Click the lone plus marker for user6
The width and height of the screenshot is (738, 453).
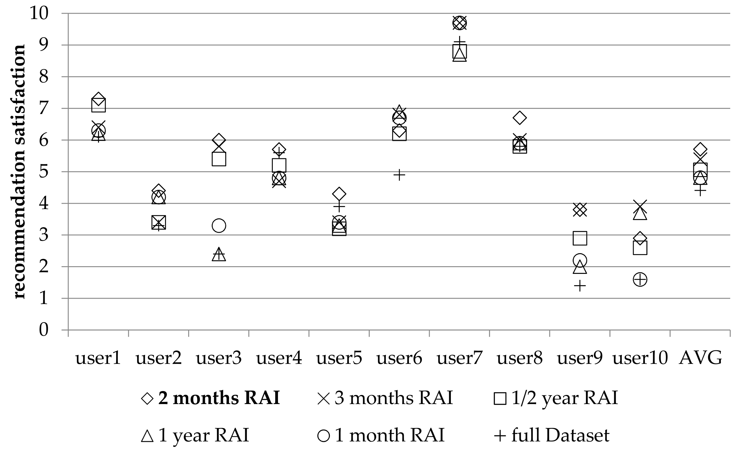coord(399,175)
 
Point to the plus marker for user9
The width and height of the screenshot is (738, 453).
coord(580,286)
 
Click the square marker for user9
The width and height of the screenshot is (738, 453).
coord(580,238)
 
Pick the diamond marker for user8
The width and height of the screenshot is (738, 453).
coord(520,118)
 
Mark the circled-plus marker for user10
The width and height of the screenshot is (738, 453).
coord(640,280)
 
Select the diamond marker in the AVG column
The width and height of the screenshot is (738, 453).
coord(700,149)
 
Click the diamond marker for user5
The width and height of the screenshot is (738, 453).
coord(339,194)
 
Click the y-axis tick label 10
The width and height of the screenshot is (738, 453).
coord(39,14)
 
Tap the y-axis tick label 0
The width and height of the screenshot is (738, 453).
coord(44,330)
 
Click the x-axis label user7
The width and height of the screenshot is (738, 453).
coord(459,358)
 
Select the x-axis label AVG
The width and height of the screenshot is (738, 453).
coord(700,358)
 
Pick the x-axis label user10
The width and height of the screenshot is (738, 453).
coord(640,358)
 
